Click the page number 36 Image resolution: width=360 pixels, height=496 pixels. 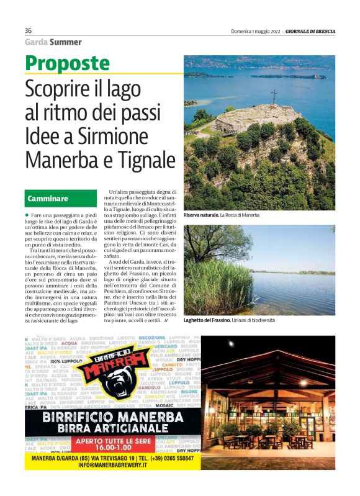pos(28,31)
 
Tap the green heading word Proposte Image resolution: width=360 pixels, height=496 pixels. pos(67,63)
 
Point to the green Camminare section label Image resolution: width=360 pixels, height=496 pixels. pos(47,199)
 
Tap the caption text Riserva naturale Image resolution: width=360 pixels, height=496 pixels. pos(200,215)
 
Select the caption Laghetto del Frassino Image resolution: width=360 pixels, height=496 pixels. pos(207,321)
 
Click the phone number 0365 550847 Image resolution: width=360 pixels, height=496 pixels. pos(176,459)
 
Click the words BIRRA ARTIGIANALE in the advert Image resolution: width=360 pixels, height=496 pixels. pos(112,428)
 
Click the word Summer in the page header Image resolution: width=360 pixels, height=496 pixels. pos(66,42)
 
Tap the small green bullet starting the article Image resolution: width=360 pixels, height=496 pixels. pos(27,214)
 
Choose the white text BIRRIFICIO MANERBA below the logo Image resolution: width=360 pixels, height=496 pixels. pos(112,416)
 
